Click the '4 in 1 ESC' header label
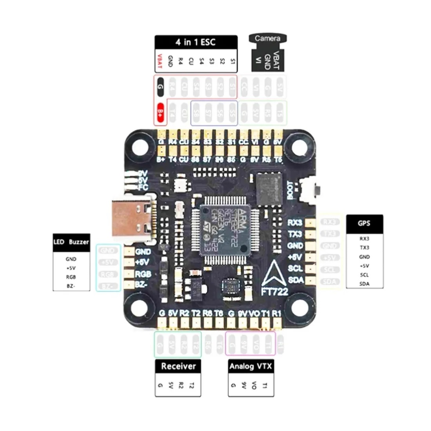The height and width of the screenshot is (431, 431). (x=196, y=42)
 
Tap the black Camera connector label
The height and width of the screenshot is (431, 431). (x=268, y=38)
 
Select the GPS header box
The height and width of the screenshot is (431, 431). (x=364, y=224)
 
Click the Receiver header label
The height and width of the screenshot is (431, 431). (x=178, y=366)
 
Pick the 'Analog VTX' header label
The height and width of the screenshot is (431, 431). (x=251, y=366)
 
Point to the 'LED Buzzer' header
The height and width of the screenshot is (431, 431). (x=71, y=242)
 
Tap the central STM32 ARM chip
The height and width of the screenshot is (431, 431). (x=225, y=230)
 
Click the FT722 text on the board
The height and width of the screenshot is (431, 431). (x=275, y=291)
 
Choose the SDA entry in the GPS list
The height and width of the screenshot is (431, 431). (x=364, y=284)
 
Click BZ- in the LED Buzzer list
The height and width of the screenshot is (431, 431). (x=71, y=286)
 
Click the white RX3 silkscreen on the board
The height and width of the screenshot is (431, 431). (x=295, y=223)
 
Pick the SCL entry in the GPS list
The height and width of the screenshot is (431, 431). (x=364, y=275)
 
